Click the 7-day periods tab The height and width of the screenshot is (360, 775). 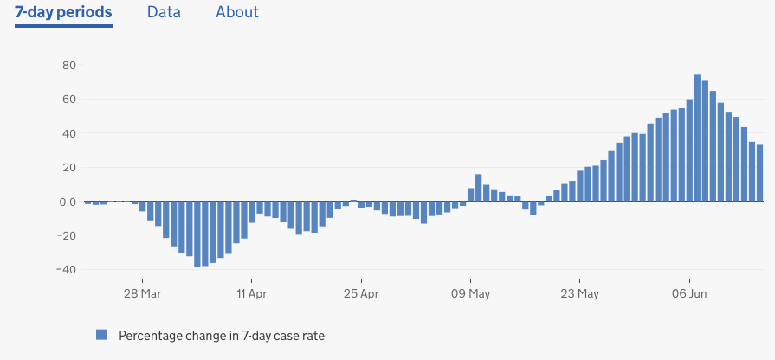click(x=63, y=12)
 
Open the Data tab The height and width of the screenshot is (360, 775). click(x=164, y=12)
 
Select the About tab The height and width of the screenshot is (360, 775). click(x=237, y=12)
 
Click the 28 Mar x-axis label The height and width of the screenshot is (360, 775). click(x=142, y=294)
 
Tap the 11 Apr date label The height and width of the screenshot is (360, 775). click(x=251, y=294)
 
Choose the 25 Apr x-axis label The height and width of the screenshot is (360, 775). click(x=361, y=294)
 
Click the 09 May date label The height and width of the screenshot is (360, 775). click(x=471, y=294)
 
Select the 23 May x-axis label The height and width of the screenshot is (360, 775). click(x=580, y=294)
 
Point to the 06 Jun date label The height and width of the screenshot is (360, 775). click(x=690, y=294)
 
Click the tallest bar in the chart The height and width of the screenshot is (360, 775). click(x=697, y=138)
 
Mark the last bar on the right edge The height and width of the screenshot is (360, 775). click(x=759, y=173)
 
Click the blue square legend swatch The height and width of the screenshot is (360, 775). click(x=101, y=334)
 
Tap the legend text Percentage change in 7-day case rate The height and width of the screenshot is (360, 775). click(x=221, y=335)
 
